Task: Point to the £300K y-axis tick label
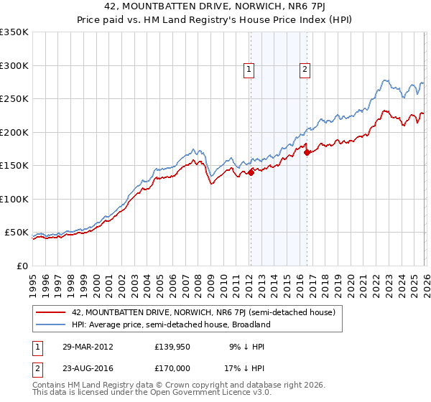pos(14,65)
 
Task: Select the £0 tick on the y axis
pos(23,266)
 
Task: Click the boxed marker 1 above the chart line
pos(249,70)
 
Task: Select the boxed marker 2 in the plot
pos(305,70)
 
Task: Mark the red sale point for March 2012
pos(251,172)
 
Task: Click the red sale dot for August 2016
pos(307,152)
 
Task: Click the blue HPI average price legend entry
pos(170,324)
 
